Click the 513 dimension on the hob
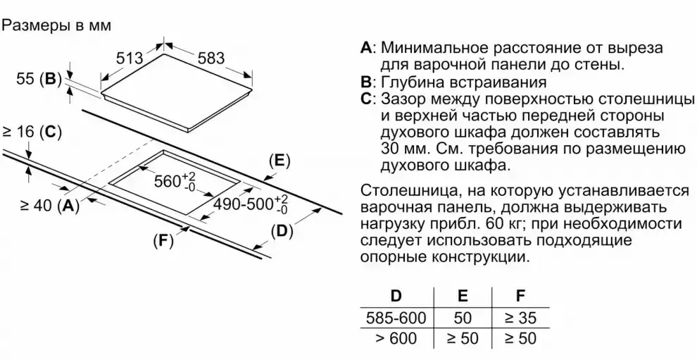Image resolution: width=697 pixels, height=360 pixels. [x=130, y=60]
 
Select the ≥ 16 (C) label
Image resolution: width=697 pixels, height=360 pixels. [x=32, y=130]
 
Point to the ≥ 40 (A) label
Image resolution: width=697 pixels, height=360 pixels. [x=49, y=206]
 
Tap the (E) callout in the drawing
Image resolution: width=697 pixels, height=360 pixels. [x=280, y=161]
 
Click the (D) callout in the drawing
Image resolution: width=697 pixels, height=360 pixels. [x=282, y=231]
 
